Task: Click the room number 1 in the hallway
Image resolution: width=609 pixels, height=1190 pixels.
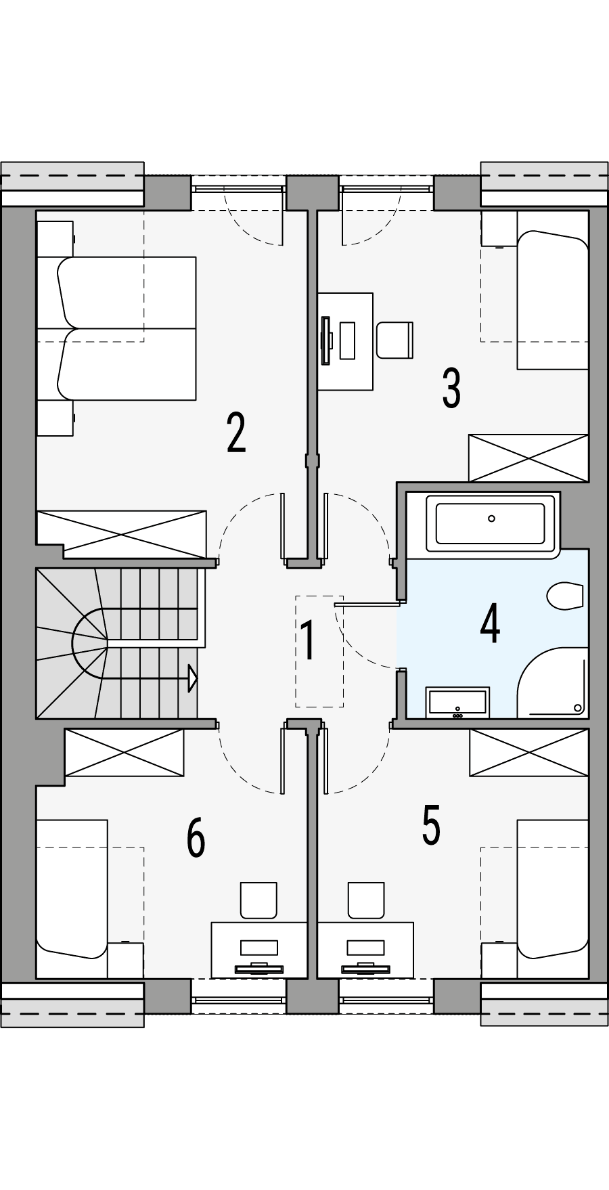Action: pyautogui.click(x=308, y=641)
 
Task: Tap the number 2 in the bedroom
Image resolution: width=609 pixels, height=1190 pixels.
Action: pyautogui.click(x=235, y=433)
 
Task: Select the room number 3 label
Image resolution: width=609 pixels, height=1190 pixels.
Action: pyautogui.click(x=451, y=389)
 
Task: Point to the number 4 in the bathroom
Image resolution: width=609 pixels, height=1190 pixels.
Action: pyautogui.click(x=490, y=624)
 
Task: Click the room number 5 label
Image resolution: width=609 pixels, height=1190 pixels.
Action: pyautogui.click(x=431, y=825)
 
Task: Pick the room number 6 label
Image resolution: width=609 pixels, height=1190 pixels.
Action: pyautogui.click(x=196, y=837)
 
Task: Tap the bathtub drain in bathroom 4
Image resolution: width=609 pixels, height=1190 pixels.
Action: pyautogui.click(x=492, y=519)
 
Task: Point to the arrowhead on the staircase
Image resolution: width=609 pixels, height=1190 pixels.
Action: pyautogui.click(x=193, y=677)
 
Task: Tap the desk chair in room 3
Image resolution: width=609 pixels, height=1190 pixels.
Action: pyautogui.click(x=394, y=339)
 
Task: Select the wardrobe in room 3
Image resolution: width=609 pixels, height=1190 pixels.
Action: pyautogui.click(x=528, y=458)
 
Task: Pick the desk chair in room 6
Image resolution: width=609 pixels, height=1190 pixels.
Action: pyautogui.click(x=258, y=899)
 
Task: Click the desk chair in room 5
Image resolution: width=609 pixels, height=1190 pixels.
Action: pyautogui.click(x=366, y=899)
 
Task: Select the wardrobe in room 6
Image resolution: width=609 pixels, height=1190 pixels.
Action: pyautogui.click(x=124, y=753)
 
